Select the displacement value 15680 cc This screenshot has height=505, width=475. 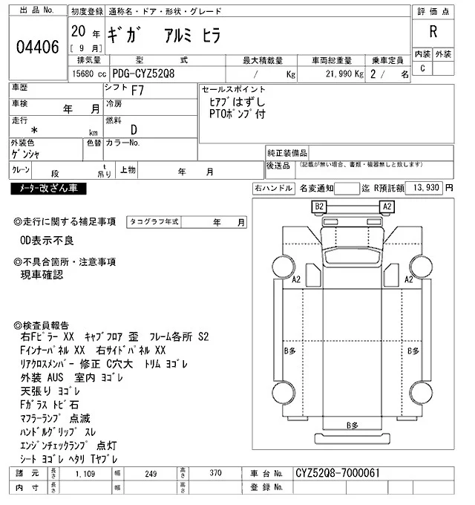(x=88, y=75)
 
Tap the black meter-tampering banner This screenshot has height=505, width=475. (x=48, y=189)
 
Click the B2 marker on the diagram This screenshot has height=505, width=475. (x=320, y=206)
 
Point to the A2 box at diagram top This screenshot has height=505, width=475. (x=387, y=206)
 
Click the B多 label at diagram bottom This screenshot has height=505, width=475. (x=353, y=425)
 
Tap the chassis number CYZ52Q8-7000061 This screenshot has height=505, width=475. (x=338, y=472)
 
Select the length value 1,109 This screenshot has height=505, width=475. (x=85, y=472)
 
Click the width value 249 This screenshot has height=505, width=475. (x=151, y=472)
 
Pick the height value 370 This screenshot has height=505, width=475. (x=215, y=472)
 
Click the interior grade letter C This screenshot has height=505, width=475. (x=422, y=68)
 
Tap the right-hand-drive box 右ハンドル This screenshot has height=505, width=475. (x=273, y=189)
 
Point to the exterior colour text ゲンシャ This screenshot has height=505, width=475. (x=26, y=154)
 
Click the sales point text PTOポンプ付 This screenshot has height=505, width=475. (x=237, y=114)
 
